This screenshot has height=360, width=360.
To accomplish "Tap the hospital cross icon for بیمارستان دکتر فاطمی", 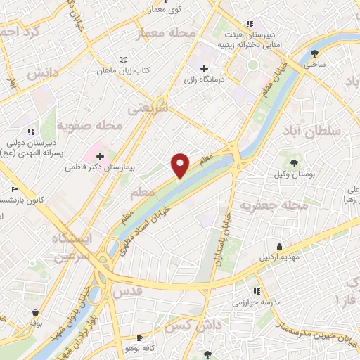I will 100,155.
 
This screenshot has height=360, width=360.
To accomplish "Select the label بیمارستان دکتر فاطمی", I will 98,168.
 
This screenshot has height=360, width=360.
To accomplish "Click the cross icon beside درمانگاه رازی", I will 204,69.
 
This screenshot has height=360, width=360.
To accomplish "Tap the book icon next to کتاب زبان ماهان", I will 124,60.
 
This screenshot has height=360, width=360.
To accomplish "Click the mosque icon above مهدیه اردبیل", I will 279,246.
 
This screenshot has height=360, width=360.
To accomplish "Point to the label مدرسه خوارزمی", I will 257,302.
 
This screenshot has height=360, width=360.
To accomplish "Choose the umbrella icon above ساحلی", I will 314,53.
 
